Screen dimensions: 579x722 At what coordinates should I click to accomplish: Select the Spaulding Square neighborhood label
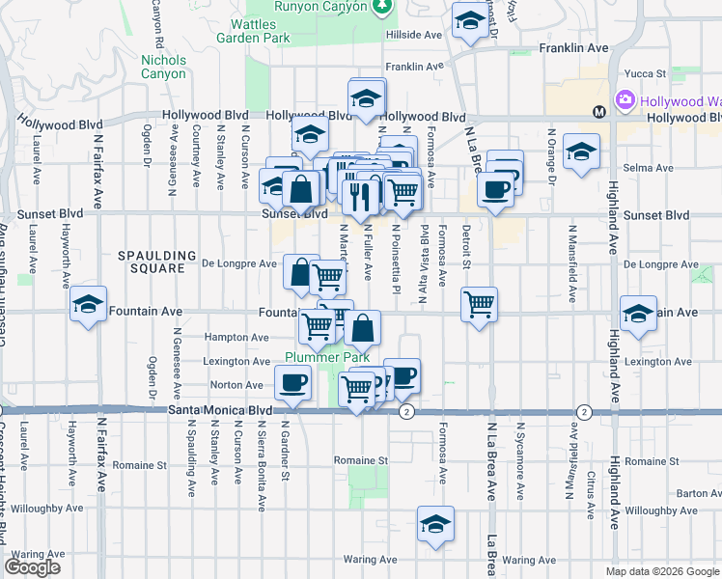[x=151, y=262]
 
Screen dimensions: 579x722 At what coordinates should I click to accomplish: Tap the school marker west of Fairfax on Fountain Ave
[x=88, y=305]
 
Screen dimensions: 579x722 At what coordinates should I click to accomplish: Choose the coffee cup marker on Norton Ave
[x=292, y=382]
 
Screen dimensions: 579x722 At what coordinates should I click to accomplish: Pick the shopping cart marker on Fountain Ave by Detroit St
[x=479, y=305]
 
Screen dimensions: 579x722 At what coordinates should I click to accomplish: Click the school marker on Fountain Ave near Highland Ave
[x=638, y=314]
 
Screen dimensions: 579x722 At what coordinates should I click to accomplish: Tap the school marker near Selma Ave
[x=581, y=153]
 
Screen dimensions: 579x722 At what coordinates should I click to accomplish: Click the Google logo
[x=33, y=568]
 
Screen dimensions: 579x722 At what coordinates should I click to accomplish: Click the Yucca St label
[x=648, y=72]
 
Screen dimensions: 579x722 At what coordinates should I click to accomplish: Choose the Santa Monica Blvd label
[x=220, y=410]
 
